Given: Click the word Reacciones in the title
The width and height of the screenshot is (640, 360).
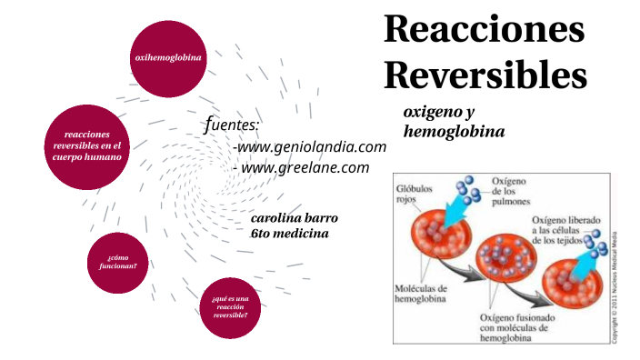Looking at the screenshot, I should pyautogui.click(x=484, y=29).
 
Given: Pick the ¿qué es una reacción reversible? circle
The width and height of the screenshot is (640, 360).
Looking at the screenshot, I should pyautogui.click(x=229, y=306).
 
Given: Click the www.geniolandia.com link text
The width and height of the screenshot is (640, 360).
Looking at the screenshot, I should pyautogui.click(x=309, y=147).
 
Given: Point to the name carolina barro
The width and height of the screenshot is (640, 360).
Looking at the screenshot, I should pyautogui.click(x=294, y=219).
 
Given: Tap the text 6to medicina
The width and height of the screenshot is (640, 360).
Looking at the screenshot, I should pyautogui.click(x=289, y=234).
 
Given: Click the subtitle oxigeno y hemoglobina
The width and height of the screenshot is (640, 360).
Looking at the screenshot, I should pyautogui.click(x=453, y=121).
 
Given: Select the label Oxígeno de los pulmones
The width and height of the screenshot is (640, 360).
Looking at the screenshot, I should pyautogui.click(x=515, y=192).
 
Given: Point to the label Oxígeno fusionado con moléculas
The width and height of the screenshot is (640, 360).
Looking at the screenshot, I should pyautogui.click(x=515, y=327).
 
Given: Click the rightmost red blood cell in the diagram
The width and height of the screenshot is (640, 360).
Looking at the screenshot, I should pyautogui.click(x=572, y=277).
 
